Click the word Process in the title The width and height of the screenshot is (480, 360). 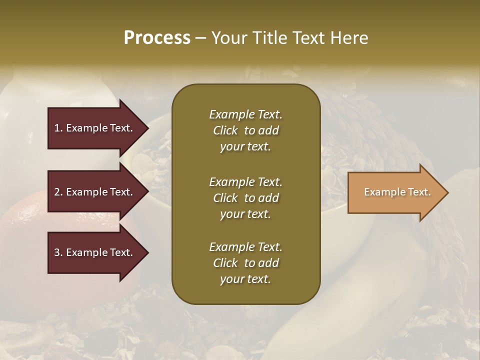coord(157,38)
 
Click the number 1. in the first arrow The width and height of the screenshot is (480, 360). coord(58,128)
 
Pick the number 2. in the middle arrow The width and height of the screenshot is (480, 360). coord(58,192)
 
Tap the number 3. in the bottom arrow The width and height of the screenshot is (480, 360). coord(58,252)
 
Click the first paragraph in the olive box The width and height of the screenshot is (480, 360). coord(245,130)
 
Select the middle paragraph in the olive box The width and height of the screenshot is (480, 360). coord(245,197)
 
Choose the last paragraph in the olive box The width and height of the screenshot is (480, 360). coord(245,263)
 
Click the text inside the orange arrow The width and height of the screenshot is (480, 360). coord(397,192)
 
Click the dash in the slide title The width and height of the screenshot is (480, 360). coord(201,38)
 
